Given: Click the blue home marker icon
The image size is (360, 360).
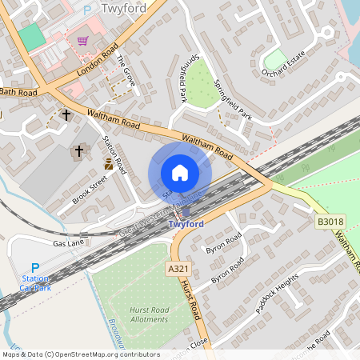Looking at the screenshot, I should (x=180, y=173).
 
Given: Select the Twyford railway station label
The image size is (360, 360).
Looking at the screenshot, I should (x=186, y=225).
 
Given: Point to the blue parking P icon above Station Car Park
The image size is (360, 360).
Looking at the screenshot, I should (x=34, y=268).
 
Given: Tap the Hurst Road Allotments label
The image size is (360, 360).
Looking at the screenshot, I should (x=149, y=314).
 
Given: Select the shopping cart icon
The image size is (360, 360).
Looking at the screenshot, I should (x=82, y=40).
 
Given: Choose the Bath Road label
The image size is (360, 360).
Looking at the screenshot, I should (x=18, y=93).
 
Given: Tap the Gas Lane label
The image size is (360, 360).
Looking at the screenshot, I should (x=69, y=243).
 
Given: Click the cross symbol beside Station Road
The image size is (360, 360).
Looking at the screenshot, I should (x=79, y=151).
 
